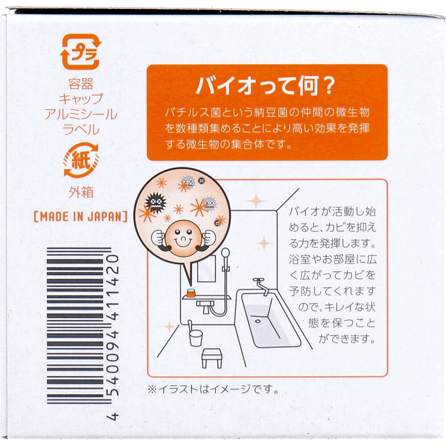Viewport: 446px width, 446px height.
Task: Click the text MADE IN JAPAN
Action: coord(81,217)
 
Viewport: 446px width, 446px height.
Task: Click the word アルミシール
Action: coord(81,115)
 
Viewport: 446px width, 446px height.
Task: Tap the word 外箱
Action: coord(81,192)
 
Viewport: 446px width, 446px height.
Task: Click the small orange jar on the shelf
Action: coord(191,293)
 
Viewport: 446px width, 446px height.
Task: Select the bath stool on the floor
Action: coord(212,357)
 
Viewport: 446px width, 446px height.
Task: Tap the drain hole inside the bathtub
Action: coord(257,320)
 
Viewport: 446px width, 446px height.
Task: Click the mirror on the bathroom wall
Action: coord(206,268)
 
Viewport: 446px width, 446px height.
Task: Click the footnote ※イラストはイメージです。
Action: coord(213,389)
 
